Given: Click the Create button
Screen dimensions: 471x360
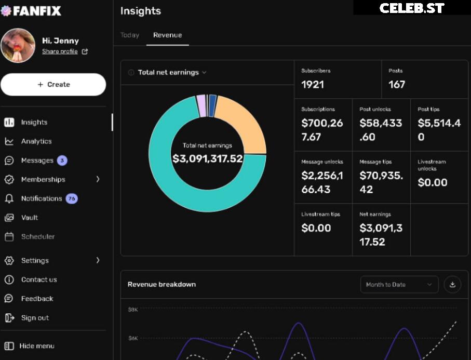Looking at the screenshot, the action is click(x=53, y=85).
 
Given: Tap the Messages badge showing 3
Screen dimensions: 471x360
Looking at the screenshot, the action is click(x=62, y=161).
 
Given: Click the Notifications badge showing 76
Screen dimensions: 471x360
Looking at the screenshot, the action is click(x=72, y=198).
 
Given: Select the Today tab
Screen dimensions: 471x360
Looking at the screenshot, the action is click(x=130, y=35).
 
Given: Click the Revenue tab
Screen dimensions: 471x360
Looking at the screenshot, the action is click(x=167, y=35).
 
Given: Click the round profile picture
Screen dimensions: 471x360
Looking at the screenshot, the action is click(x=18, y=45).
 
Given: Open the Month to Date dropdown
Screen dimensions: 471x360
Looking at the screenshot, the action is click(x=399, y=285).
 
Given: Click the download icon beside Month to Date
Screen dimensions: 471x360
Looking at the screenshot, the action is click(x=452, y=285).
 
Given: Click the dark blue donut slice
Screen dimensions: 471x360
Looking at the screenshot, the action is click(x=212, y=105).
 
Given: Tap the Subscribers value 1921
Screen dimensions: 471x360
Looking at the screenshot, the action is click(x=313, y=85).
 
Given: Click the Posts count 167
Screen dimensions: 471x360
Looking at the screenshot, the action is click(x=397, y=85).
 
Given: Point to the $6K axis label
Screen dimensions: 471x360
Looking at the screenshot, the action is click(x=133, y=338).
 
